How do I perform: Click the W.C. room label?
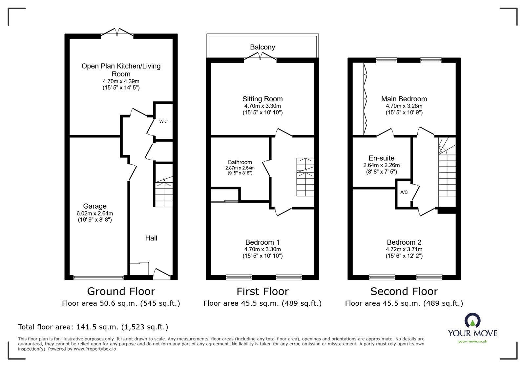(x=164, y=121)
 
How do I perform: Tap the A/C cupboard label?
(x=404, y=192)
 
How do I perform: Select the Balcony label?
(x=262, y=47)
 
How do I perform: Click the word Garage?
(x=94, y=206)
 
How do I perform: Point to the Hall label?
(x=151, y=238)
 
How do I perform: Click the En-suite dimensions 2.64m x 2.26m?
(x=381, y=165)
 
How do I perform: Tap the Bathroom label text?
(x=240, y=162)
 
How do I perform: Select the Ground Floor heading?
(x=121, y=291)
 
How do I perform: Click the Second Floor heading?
(x=404, y=291)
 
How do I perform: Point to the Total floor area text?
(x=93, y=327)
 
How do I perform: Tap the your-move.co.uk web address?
(x=472, y=341)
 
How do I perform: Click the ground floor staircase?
(x=163, y=192)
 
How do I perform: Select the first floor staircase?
(x=305, y=177)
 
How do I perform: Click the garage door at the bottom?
(x=98, y=278)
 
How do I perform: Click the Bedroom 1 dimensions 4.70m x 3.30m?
(x=262, y=249)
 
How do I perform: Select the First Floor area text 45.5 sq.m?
(x=262, y=303)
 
